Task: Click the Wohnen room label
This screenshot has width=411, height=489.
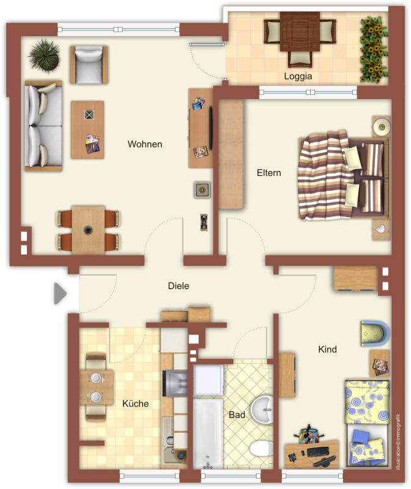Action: (145, 144)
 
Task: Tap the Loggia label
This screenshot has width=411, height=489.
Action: (298, 76)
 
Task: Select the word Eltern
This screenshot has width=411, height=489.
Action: (268, 173)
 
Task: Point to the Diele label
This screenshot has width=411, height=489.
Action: (178, 285)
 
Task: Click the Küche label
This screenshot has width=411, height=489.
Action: (135, 403)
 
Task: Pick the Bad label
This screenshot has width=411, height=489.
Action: (237, 415)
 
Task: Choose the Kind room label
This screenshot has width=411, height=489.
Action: (327, 349)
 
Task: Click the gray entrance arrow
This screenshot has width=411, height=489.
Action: (60, 293)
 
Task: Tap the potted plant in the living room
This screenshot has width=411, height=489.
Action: (44, 56)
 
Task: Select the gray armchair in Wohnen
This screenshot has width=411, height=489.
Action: (89, 65)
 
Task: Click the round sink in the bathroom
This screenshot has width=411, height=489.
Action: (262, 410)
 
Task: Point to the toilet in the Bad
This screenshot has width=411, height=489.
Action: (261, 449)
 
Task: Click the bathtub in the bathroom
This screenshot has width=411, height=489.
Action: (208, 434)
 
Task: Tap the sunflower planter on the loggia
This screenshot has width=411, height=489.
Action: (374, 50)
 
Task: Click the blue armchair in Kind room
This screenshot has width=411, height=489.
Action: (375, 333)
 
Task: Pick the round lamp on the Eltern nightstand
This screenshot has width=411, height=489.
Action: (382, 127)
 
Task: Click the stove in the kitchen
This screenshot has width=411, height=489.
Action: (175, 383)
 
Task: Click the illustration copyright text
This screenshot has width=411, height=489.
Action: (398, 442)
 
